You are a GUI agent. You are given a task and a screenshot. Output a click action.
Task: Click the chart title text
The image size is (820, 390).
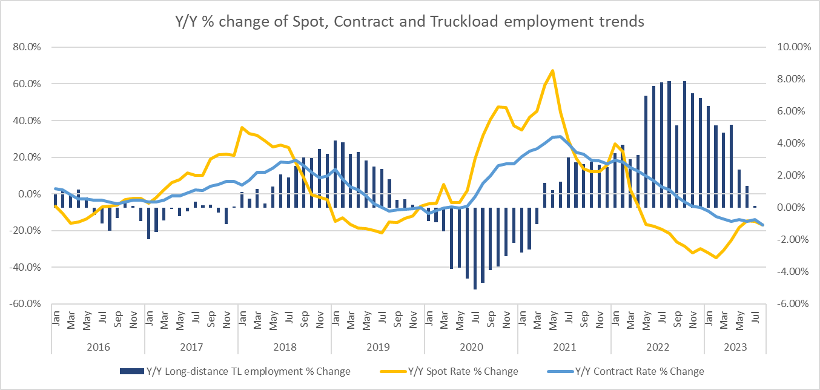click(x=409, y=22)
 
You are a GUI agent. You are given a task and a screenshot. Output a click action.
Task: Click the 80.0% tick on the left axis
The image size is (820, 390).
click(x=24, y=47)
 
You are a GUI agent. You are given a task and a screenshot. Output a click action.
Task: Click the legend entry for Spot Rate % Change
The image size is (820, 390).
click(x=463, y=371)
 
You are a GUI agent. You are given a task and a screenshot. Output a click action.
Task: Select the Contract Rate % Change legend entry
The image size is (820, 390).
click(x=638, y=371)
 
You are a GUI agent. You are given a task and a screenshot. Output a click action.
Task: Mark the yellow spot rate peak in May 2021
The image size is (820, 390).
click(x=552, y=70)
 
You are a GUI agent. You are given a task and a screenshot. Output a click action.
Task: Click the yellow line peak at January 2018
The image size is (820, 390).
click(x=242, y=128)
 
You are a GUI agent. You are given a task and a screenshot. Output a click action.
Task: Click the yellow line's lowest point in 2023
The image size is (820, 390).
click(x=716, y=257)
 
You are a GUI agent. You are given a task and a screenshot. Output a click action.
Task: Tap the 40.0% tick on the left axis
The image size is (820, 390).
click(x=24, y=121)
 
